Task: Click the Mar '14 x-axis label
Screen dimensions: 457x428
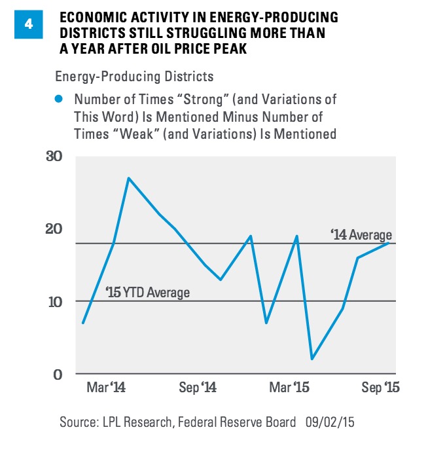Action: click(105, 388)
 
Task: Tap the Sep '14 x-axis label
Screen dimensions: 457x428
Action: click(197, 388)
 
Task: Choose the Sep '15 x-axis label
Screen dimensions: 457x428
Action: click(380, 388)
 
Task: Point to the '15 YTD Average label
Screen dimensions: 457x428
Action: click(147, 293)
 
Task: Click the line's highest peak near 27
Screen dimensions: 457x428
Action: click(128, 178)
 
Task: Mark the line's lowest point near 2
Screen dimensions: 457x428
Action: click(312, 359)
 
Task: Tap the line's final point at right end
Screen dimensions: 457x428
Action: click(390, 243)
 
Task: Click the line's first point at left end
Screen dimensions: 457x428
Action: click(83, 323)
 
